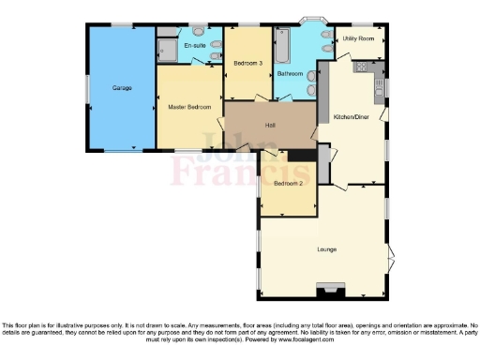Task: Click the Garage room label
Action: [122, 88]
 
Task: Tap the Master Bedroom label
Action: [189, 107]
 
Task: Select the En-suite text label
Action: [194, 45]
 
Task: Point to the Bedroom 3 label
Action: [247, 63]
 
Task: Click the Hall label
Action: [270, 125]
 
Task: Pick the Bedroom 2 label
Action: [288, 184]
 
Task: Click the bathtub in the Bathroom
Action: [281, 46]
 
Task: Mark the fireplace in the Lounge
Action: [330, 290]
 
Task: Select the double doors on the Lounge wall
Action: [390, 254]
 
